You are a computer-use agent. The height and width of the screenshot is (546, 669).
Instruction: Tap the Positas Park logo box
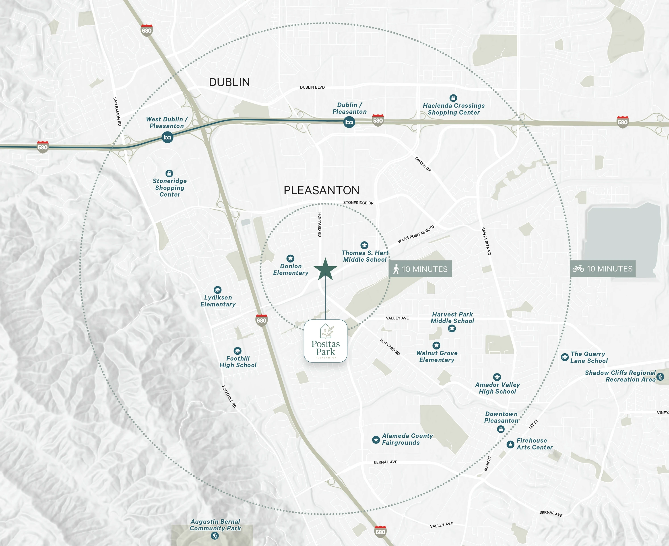pyautogui.click(x=326, y=341)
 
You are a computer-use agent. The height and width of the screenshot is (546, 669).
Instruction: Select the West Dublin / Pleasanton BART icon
pyautogui.click(x=167, y=137)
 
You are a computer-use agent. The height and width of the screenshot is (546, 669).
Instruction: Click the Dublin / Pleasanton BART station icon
pyautogui.click(x=349, y=122)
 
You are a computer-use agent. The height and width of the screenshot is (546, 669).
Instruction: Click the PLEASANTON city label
pyautogui.click(x=321, y=190)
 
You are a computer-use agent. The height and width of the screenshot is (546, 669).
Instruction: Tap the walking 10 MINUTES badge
pyautogui.click(x=420, y=269)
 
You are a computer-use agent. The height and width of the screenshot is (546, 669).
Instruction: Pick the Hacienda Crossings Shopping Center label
pyautogui.click(x=453, y=109)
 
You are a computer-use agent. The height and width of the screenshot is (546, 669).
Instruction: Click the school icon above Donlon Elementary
pyautogui.click(x=290, y=258)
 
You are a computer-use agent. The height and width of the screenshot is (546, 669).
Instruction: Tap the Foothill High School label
pyautogui.click(x=238, y=362)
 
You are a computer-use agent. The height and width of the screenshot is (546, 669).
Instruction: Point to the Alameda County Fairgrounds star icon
pyautogui.click(x=376, y=439)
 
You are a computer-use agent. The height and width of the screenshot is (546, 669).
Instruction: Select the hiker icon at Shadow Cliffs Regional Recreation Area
pyautogui.click(x=660, y=377)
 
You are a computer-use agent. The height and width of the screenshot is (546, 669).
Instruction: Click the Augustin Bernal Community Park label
pyautogui.click(x=215, y=525)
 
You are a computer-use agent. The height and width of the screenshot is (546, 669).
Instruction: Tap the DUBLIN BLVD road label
pyautogui.click(x=312, y=87)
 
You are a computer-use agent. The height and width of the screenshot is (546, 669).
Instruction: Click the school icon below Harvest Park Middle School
pyautogui.click(x=452, y=329)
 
